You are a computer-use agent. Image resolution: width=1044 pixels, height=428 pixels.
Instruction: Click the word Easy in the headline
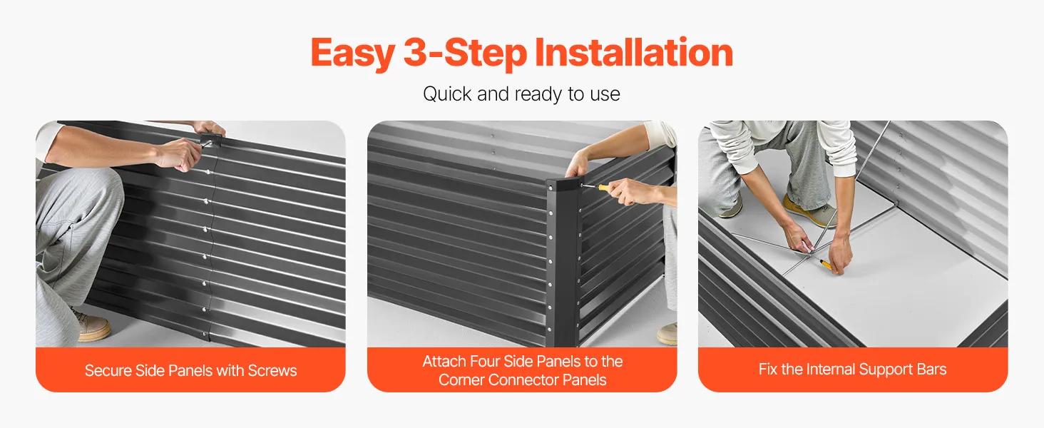click(353, 53)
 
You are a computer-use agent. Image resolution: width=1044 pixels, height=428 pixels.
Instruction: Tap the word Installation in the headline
click(634, 52)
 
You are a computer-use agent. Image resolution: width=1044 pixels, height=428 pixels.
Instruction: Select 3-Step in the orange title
click(465, 53)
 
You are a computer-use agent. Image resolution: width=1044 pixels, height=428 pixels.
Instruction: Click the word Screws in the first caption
click(272, 371)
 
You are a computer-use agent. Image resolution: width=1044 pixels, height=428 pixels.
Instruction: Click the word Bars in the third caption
click(931, 370)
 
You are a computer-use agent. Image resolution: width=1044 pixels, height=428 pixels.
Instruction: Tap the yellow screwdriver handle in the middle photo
click(605, 188)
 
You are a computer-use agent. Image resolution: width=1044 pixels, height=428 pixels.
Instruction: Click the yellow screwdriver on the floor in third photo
click(828, 267)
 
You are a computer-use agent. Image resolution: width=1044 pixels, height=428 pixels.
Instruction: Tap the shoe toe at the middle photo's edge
click(667, 335)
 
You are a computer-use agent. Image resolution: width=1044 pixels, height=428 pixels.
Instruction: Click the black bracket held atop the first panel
click(210, 140)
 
